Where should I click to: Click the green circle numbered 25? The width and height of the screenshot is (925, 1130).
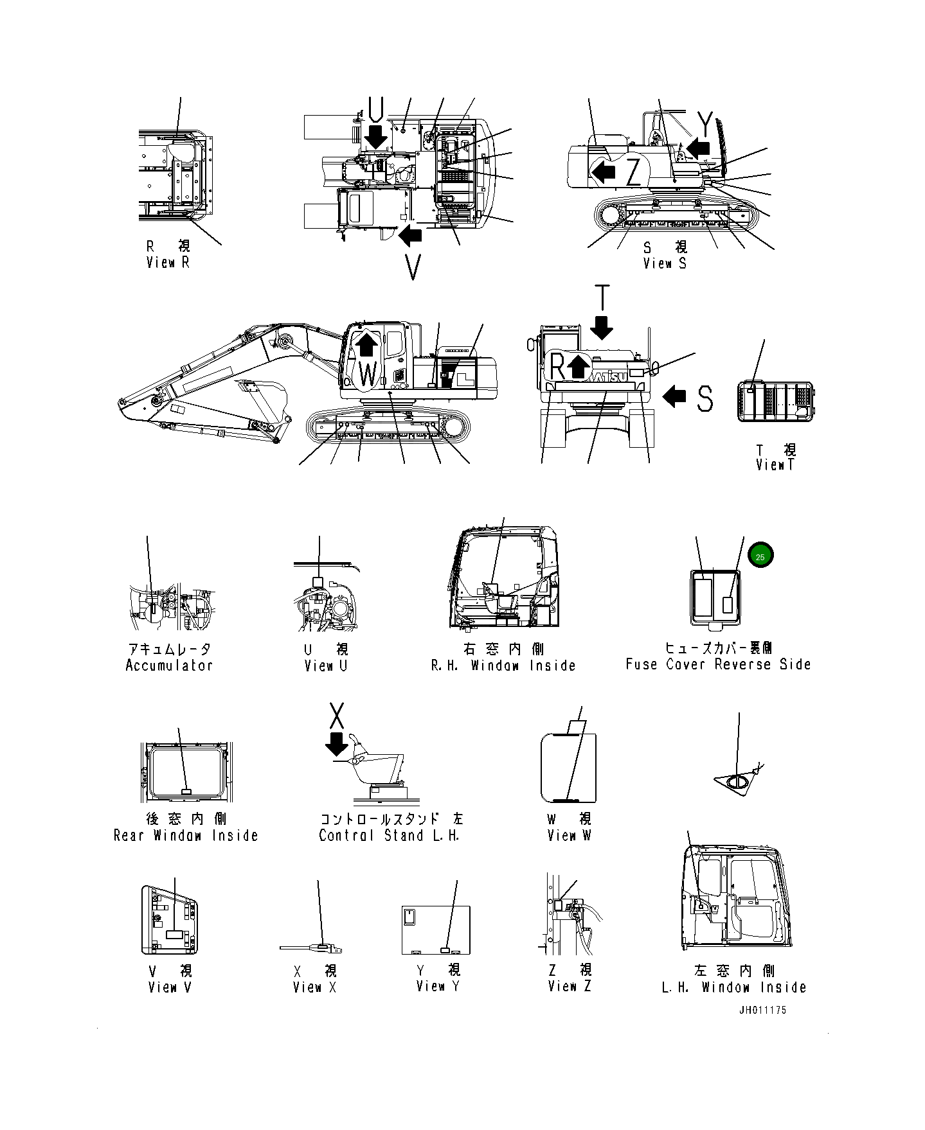pos(760,556)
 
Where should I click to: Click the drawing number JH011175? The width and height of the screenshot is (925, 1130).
pos(762,1010)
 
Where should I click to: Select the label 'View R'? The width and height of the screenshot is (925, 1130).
pos(168,262)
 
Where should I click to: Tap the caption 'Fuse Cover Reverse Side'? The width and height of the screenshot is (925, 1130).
pos(718,664)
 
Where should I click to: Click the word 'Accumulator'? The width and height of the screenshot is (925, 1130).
pos(169,666)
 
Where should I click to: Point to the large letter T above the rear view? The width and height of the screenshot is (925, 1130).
pos(602,299)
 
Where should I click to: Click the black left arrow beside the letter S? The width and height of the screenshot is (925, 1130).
pos(674,396)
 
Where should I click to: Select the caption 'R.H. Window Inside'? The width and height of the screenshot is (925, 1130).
pos(503,666)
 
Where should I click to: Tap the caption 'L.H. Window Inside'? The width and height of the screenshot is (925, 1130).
pos(733,987)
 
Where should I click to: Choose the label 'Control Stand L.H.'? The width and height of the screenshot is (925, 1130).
pos(390,836)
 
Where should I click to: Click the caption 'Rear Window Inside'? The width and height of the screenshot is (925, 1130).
pos(186,836)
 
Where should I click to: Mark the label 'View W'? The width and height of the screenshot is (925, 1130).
pos(569,836)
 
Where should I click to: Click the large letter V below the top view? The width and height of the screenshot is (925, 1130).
pos(413,268)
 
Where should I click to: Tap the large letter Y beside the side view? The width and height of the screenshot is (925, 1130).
pos(705,122)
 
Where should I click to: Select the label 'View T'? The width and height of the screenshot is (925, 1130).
pos(775,465)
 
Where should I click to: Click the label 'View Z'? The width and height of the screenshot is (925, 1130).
pos(569,986)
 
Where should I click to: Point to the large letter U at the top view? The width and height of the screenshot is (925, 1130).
pos(377,108)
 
